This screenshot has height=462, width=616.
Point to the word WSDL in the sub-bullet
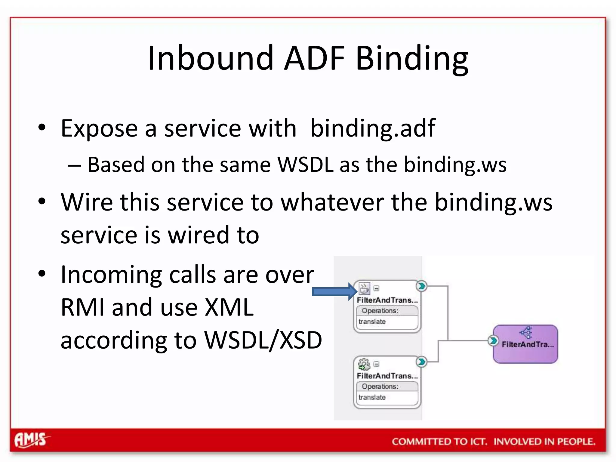[305, 165]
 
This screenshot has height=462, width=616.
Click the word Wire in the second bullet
[87, 202]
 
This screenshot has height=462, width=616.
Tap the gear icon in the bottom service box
[364, 364]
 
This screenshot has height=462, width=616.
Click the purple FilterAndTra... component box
[525, 344]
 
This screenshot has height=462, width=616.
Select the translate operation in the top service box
[372, 322]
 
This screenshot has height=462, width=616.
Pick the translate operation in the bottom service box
[372, 397]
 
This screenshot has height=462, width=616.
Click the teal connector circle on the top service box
[421, 286]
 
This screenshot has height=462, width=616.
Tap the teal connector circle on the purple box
[492, 341]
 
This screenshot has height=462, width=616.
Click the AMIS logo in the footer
[31, 440]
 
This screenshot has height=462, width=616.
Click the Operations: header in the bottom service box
[380, 387]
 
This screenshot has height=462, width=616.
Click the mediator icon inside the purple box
[526, 332]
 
